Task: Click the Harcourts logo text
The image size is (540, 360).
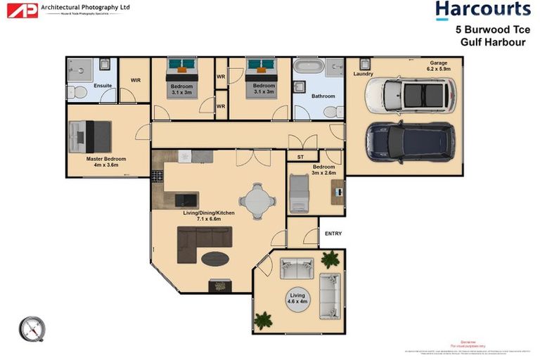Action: [482, 10]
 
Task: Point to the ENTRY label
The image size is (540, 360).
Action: [331, 233]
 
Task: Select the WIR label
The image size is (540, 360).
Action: [136, 80]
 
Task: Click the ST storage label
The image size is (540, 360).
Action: [300, 157]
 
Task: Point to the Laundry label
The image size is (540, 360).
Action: [364, 74]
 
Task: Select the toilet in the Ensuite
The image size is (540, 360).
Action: [79, 93]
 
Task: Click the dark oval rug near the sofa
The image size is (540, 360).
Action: [215, 259]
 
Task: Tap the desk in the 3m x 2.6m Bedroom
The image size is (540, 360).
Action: [339, 191]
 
